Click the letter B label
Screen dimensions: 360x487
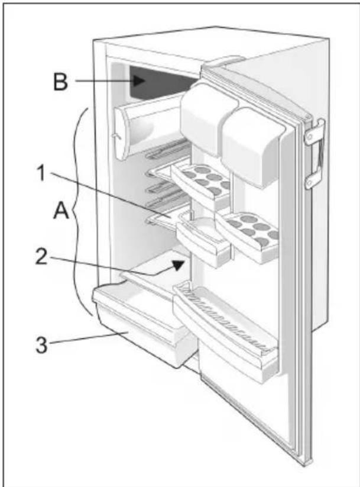60,82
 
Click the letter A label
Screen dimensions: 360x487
61,212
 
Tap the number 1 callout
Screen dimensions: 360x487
41,173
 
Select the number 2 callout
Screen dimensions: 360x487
41,257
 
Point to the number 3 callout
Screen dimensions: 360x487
41,344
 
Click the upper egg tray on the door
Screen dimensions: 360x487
202,182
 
